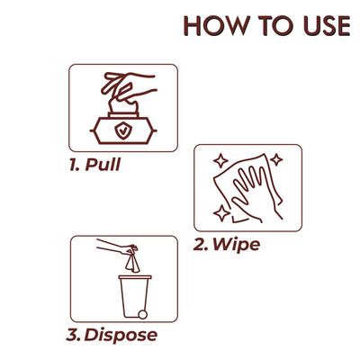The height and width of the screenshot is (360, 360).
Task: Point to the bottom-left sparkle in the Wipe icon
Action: point(220,213)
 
